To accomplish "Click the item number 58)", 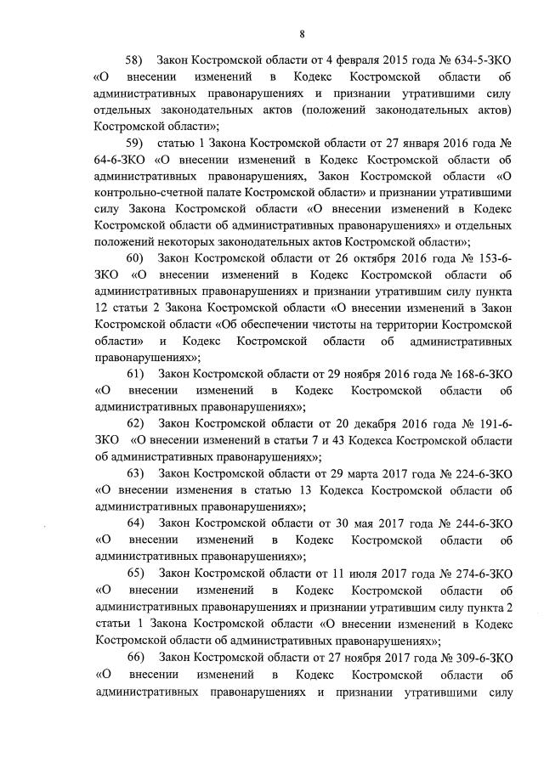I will click(x=136, y=61).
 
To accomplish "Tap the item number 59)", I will click(x=136, y=141).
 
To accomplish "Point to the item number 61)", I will click(x=136, y=374).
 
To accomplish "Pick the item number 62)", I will click(x=136, y=422).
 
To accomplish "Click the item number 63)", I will click(x=136, y=472).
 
